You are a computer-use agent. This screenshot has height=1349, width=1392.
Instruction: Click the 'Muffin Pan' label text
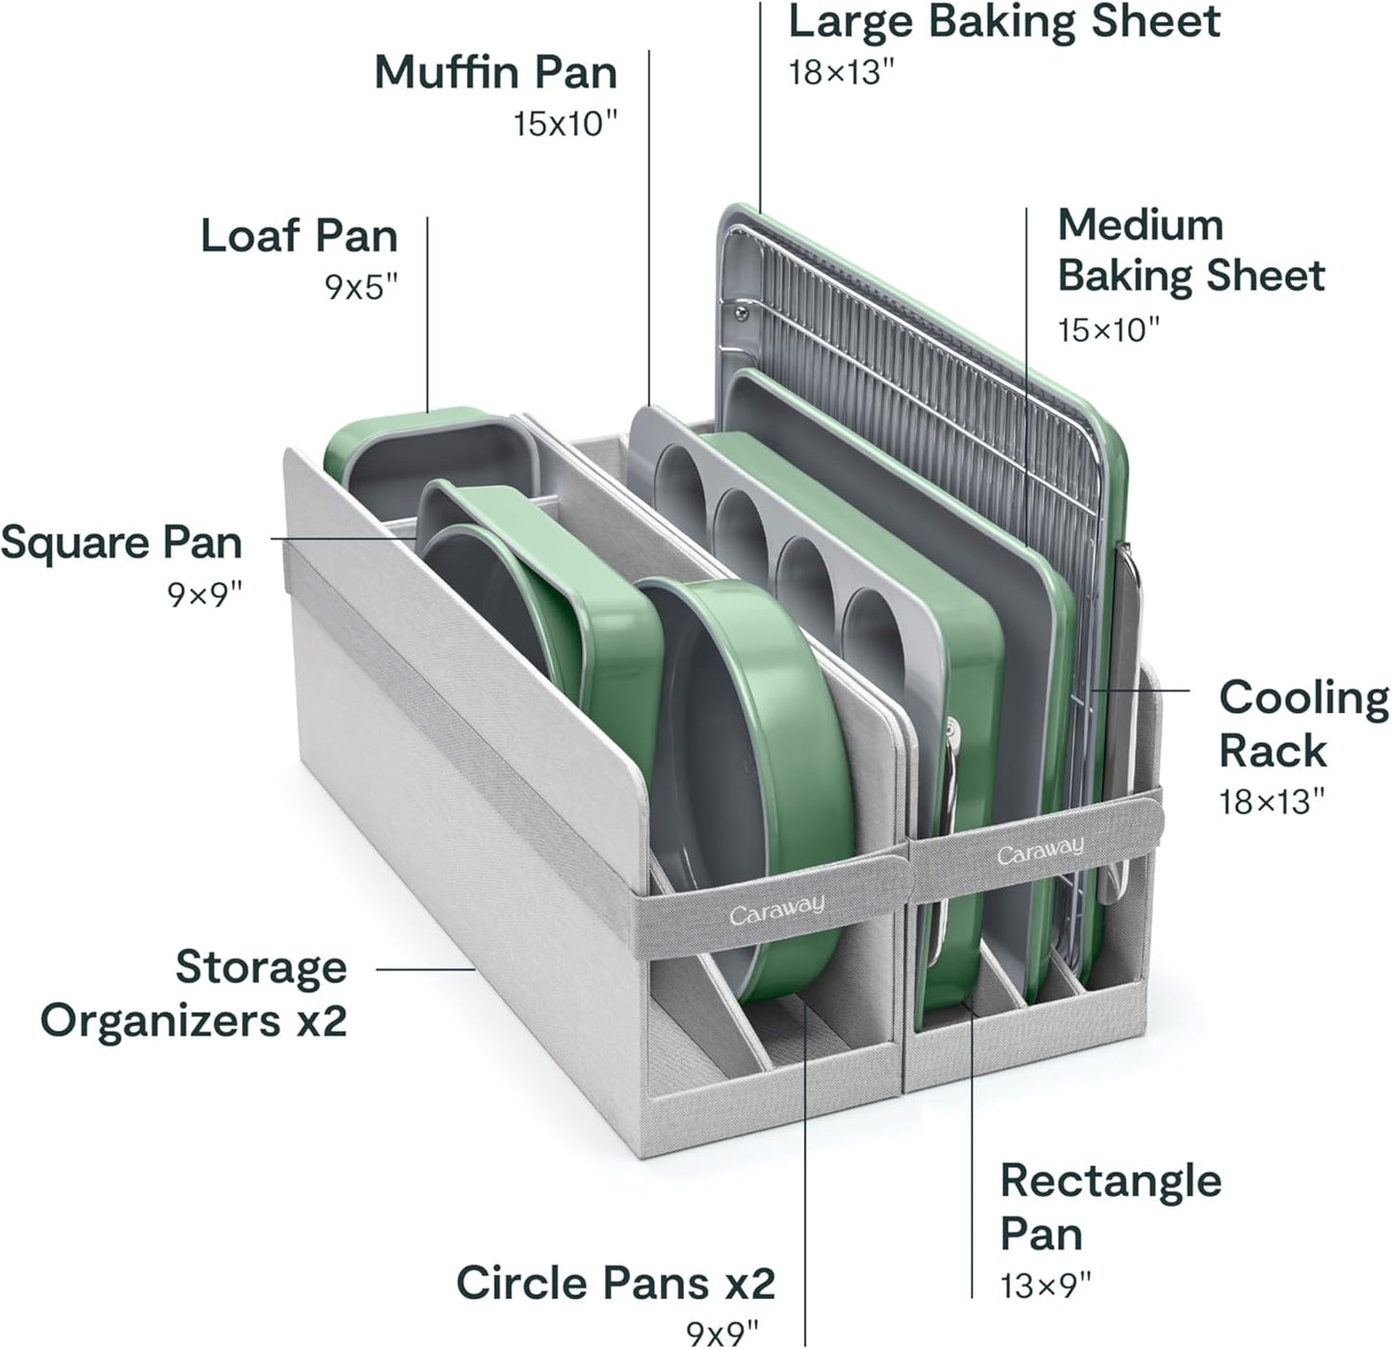click(495, 72)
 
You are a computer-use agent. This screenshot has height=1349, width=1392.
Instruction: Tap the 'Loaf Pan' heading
click(299, 236)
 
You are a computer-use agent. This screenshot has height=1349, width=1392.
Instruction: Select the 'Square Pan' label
click(121, 542)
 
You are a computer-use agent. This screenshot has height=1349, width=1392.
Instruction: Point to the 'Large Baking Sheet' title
click(1004, 21)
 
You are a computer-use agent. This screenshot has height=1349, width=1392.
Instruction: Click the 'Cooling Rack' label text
click(1303, 724)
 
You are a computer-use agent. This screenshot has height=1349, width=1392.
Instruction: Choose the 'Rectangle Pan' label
click(1110, 1206)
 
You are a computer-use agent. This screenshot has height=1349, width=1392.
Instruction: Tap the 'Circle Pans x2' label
click(615, 1283)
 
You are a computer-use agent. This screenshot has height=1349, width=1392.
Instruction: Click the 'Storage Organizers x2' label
click(194, 992)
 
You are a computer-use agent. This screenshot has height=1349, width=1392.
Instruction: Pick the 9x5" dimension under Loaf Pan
click(361, 287)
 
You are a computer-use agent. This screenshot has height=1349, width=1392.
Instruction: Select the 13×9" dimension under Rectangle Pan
click(1046, 1284)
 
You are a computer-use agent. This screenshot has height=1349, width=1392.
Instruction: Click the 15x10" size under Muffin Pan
click(565, 123)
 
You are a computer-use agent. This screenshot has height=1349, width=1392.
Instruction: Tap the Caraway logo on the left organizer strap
click(776, 908)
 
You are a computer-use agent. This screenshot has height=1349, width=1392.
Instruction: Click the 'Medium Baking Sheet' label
click(1191, 250)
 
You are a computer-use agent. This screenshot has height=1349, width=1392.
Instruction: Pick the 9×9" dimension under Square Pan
click(204, 595)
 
